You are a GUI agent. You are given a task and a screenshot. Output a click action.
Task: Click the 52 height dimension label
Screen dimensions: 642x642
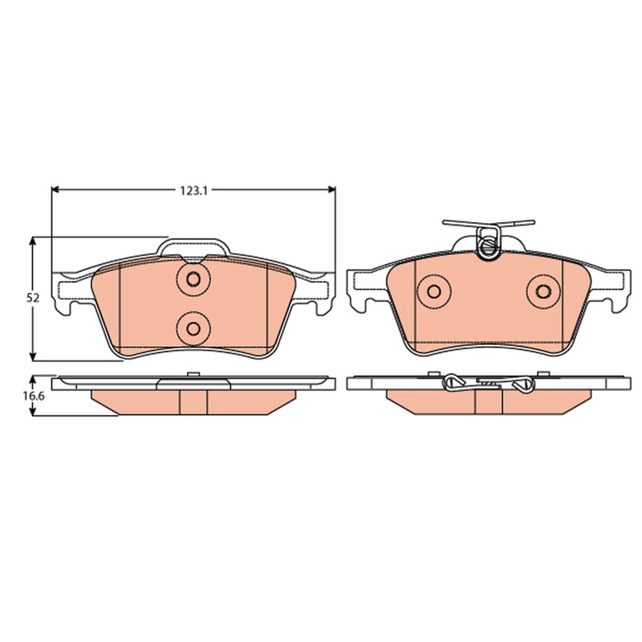coord(33,299)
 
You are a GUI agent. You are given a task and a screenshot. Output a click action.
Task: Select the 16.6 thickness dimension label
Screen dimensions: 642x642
coord(33,396)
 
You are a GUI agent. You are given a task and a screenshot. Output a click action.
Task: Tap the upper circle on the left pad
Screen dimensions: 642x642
coord(193,279)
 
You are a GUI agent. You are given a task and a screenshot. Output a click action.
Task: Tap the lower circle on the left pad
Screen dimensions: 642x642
coord(193,328)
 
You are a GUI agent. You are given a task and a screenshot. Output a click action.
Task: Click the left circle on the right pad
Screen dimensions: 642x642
coord(433,291)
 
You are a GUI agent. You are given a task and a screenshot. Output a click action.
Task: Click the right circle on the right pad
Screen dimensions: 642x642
coord(543,291)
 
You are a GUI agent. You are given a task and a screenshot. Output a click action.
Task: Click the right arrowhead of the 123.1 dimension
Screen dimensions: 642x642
coord(331,189)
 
